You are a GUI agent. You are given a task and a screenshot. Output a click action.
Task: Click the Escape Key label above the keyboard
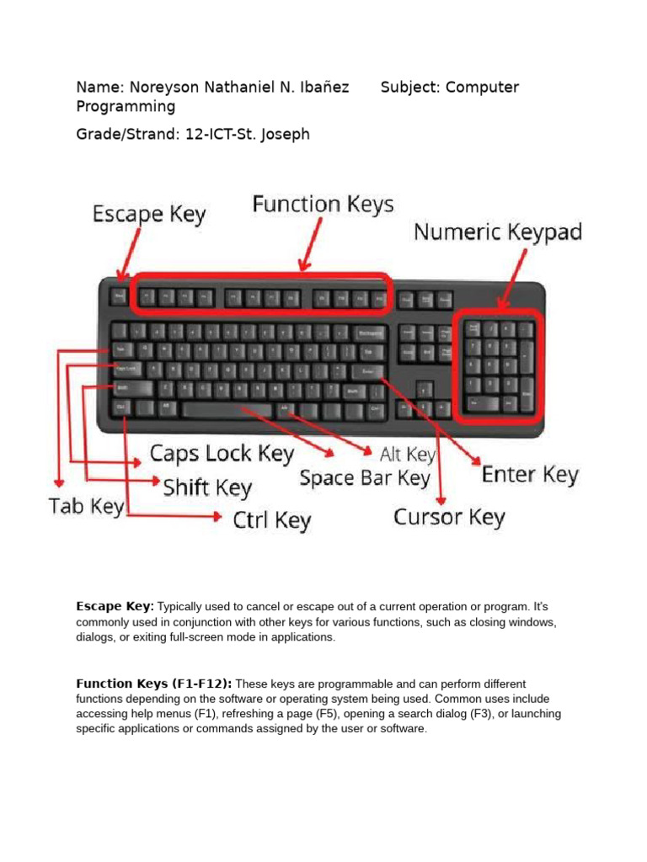tap(148, 214)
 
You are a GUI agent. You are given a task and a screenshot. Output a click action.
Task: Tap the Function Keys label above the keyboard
tap(323, 205)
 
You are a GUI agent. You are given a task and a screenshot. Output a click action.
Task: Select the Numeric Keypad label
tap(497, 232)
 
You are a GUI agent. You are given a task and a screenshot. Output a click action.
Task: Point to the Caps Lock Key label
tap(222, 455)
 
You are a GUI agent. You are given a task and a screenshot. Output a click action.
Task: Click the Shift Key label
tap(207, 487)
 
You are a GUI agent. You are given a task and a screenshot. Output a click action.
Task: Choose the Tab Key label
tap(87, 507)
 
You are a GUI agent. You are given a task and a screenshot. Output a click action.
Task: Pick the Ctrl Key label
tap(271, 521)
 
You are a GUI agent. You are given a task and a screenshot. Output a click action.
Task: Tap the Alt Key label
tap(408, 455)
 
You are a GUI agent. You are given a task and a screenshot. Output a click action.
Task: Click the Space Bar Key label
tap(365, 479)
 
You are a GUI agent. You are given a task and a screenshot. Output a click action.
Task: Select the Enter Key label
tap(530, 475)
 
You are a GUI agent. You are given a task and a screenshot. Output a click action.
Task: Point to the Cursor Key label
tap(449, 517)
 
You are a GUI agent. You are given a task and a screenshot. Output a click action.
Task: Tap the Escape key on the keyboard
tap(118, 296)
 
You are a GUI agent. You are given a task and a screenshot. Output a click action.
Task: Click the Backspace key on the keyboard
tap(368, 331)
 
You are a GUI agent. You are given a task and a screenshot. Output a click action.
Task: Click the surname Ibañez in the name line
tap(322, 88)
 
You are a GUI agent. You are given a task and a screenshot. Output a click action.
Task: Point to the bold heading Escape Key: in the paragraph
tap(115, 606)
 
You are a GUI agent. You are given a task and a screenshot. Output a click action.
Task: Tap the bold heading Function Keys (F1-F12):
tap(153, 684)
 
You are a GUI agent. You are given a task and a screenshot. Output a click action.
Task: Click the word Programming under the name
tap(126, 107)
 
